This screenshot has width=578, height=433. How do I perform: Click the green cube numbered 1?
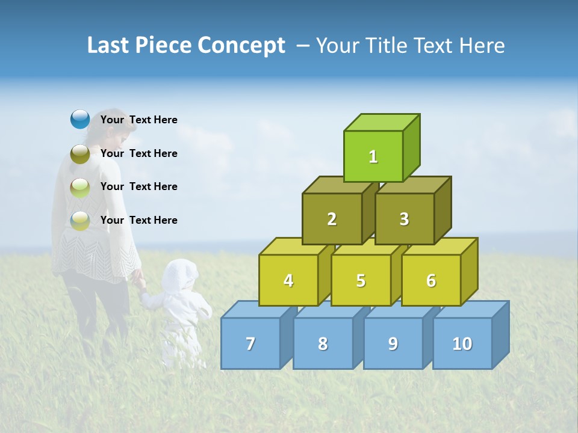[x=373, y=156]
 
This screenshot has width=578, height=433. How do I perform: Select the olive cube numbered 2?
[x=332, y=219]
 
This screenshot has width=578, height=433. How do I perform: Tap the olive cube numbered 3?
[x=404, y=219]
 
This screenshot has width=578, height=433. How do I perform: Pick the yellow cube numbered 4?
[x=288, y=280]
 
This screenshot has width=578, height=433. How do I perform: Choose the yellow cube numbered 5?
[x=361, y=280]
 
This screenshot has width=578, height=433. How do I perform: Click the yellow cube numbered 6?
[x=431, y=280]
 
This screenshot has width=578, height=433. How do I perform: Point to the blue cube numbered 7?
[x=250, y=343]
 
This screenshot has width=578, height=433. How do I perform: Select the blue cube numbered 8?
[x=323, y=343]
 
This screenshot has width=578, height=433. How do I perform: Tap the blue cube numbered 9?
[x=393, y=343]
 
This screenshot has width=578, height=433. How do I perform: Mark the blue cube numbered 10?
[x=462, y=343]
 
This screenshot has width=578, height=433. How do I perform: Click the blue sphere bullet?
[x=79, y=120]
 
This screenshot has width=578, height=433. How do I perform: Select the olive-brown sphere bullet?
[x=79, y=154]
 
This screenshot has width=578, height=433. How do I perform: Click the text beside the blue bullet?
[x=139, y=120]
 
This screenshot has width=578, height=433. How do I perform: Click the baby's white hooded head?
[x=180, y=275]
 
